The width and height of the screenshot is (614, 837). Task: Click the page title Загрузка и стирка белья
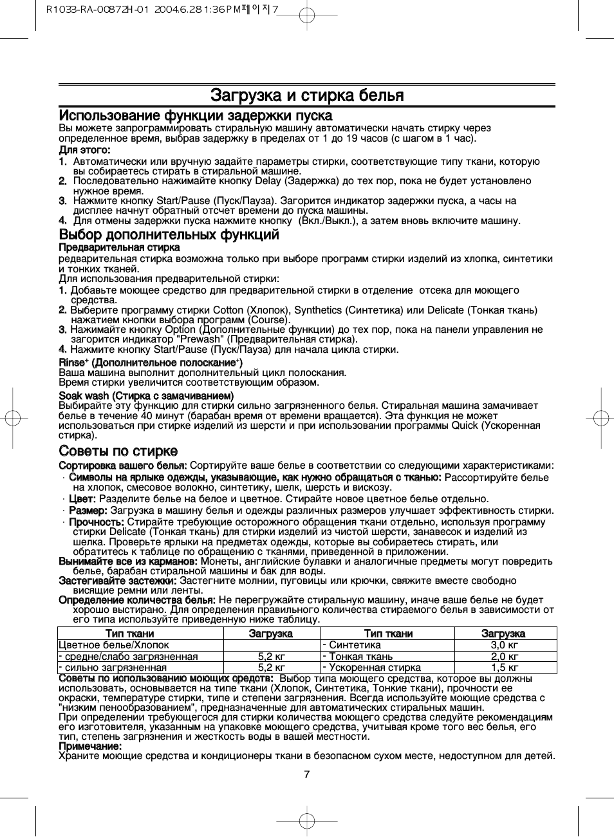tap(307, 96)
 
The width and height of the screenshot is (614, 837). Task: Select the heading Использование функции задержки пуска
tap(196, 116)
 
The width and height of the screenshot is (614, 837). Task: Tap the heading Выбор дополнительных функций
tap(169, 234)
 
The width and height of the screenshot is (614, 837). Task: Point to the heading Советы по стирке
tap(118, 451)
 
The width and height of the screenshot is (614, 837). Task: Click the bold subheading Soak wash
tap(146, 396)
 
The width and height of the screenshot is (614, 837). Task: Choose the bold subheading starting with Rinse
tap(151, 363)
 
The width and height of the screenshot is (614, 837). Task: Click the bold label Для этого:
tap(84, 150)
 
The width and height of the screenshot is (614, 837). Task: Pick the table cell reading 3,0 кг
tap(505, 645)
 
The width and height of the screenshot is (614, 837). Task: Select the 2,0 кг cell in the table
tap(505, 657)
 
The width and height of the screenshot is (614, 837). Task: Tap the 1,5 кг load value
tap(505, 668)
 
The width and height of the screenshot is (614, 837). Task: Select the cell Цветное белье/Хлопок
tap(114, 645)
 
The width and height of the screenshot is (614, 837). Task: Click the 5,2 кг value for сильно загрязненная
tap(271, 668)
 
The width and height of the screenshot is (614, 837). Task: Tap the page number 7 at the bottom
tap(307, 774)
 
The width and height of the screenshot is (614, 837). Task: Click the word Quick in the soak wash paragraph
tap(465, 426)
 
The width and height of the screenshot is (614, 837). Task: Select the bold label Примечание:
tap(90, 746)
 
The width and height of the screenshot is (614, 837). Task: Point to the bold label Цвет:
tap(82, 499)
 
